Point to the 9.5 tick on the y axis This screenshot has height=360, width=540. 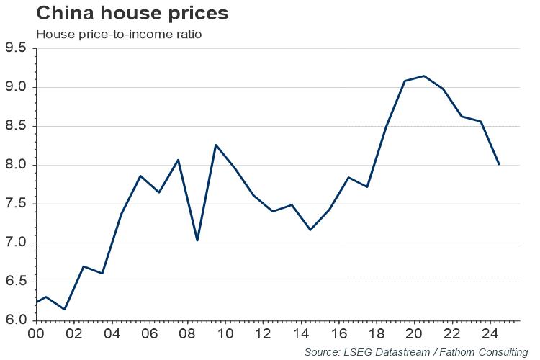tap(15, 48)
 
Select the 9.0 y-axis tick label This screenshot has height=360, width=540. tap(15, 87)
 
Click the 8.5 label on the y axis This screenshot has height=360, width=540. tap(15, 126)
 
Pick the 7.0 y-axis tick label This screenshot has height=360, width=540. tap(15, 243)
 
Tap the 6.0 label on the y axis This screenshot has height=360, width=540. tap(15, 320)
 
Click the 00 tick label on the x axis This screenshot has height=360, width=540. tap(36, 334)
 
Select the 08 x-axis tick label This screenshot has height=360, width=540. tap(187, 334)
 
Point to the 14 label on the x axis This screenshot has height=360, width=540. tap(300, 334)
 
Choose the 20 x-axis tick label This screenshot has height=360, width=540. tap(414, 334)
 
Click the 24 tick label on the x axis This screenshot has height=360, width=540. tap(490, 334)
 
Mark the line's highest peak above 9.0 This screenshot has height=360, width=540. tap(423, 76)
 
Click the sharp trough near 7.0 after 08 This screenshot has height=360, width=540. tap(197, 240)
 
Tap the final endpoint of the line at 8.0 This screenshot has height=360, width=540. tap(499, 164)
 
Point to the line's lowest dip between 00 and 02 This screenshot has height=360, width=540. tap(64, 310)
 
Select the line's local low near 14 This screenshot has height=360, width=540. tap(310, 230)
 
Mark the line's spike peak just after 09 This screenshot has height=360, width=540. tap(215, 145)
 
